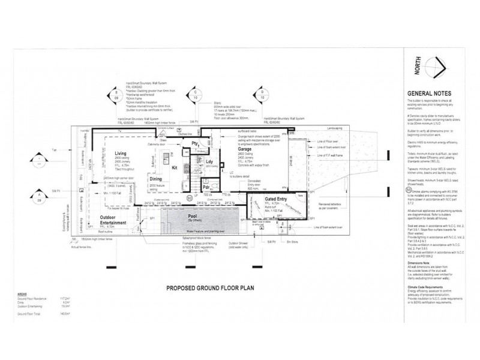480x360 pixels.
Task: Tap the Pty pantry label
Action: tap(195, 142)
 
